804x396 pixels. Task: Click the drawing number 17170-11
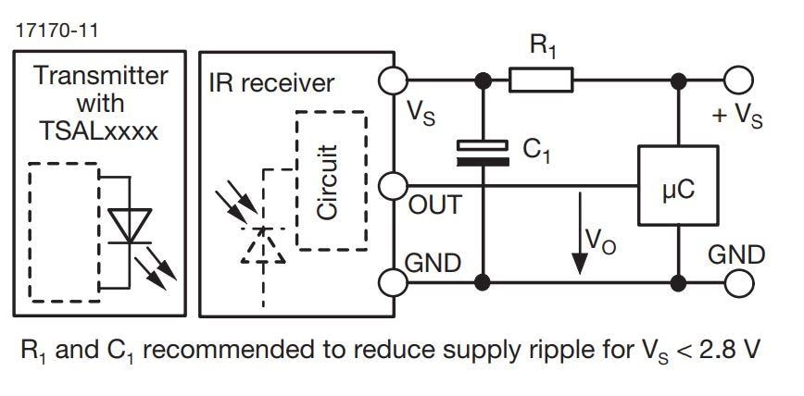56,31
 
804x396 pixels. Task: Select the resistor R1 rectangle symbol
541,82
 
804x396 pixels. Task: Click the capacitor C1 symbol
482,152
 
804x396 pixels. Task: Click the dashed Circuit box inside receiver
331,180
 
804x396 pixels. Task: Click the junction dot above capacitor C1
482,82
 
